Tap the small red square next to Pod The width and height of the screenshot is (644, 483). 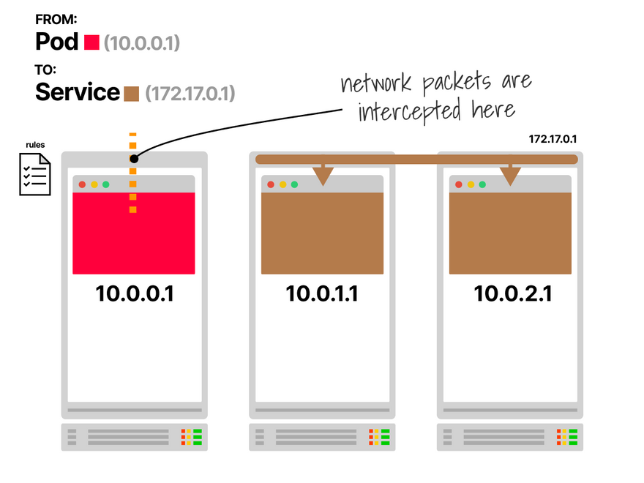click(91, 42)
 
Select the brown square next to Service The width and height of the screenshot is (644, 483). click(131, 94)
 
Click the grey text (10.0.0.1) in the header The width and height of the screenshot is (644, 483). click(142, 43)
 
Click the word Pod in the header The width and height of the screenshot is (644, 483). click(57, 42)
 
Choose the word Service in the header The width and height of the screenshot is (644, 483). click(78, 93)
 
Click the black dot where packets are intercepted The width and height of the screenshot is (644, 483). click(133, 158)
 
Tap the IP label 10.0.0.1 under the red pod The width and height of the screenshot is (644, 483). click(135, 293)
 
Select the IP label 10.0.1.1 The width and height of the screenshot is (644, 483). click(322, 293)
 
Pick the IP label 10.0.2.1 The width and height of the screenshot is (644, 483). click(510, 293)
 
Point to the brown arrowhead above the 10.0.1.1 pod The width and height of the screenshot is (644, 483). click(322, 176)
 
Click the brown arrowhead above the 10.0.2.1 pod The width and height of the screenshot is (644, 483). click(510, 176)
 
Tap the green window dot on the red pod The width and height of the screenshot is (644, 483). click(105, 184)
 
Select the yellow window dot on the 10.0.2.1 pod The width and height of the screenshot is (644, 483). click(471, 184)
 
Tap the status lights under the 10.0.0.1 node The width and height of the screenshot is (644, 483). click(192, 438)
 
